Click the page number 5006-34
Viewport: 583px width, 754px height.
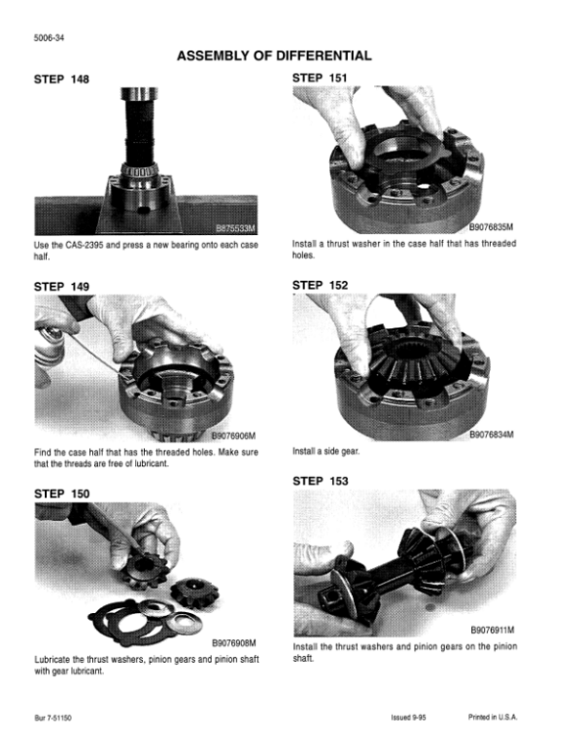[49, 38]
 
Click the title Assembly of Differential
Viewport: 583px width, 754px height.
[274, 55]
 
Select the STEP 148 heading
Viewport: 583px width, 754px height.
[61, 79]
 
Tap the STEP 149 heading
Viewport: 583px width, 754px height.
[61, 287]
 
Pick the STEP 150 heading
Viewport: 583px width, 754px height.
[61, 494]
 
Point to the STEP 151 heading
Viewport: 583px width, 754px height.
[320, 78]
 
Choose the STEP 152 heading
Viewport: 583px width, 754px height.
[320, 285]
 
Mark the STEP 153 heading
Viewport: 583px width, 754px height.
[321, 481]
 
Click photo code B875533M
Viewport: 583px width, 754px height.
[235, 228]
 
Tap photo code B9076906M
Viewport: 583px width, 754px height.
[234, 435]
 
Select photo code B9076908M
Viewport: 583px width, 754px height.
[234, 643]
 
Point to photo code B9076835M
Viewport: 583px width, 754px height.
[491, 227]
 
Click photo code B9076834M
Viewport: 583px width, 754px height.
[491, 434]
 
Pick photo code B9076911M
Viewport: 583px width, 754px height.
[492, 630]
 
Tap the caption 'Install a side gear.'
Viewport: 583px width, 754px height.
[326, 452]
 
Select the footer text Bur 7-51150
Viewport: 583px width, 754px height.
[52, 718]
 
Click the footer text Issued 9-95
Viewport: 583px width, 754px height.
[408, 718]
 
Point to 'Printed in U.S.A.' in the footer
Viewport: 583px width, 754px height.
[493, 717]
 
